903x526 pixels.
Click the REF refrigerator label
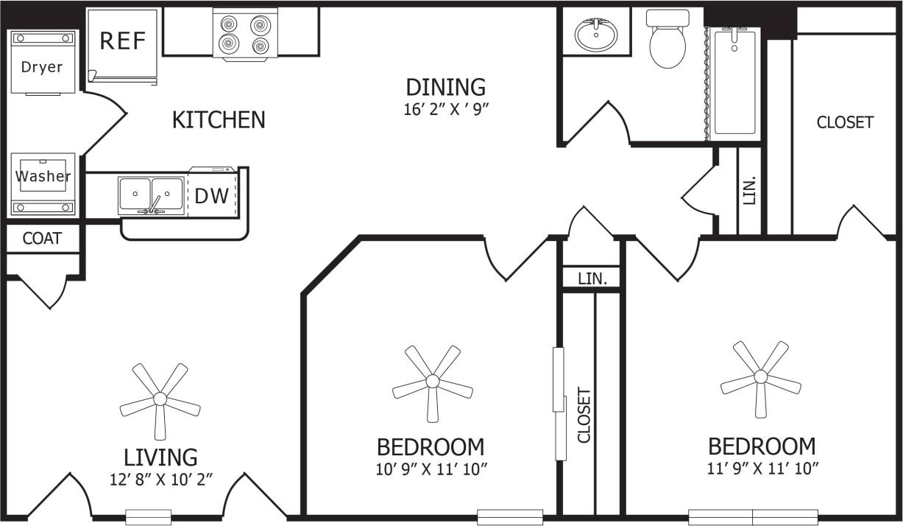click(x=123, y=41)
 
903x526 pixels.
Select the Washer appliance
click(x=43, y=177)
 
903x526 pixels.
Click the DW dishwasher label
click(x=211, y=196)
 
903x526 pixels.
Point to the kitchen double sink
click(x=151, y=196)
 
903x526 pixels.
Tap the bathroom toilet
click(x=668, y=41)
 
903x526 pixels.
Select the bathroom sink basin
click(x=597, y=33)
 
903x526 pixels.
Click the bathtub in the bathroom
click(x=734, y=81)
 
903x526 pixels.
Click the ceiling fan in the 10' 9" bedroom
click(x=432, y=382)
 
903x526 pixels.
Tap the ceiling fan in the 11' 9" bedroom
click(x=760, y=377)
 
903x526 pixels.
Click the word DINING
click(x=446, y=88)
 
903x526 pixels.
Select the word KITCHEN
click(x=218, y=120)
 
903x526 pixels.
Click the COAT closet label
click(x=42, y=239)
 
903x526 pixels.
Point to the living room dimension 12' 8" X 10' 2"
click(x=160, y=478)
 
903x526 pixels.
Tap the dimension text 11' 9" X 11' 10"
click(x=761, y=467)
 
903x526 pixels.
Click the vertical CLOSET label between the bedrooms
click(x=584, y=415)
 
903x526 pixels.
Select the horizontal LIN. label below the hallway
click(x=592, y=278)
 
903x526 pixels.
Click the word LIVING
click(x=160, y=457)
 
